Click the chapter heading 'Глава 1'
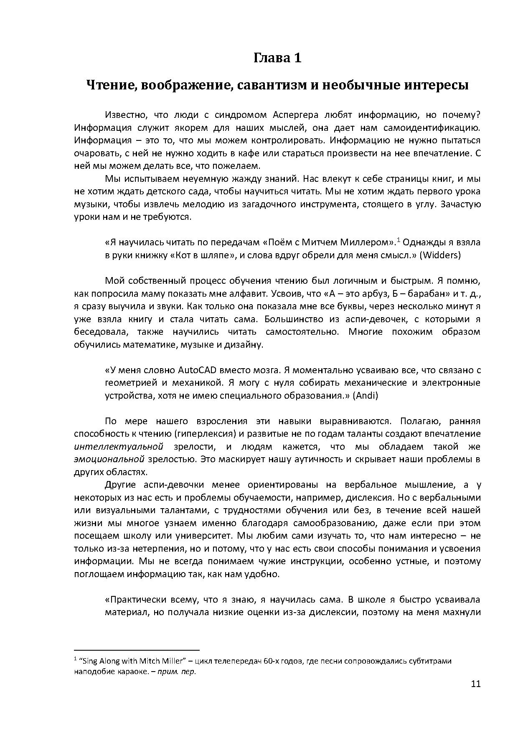[277, 58]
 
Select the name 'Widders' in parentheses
[440, 255]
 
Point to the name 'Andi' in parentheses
[365, 396]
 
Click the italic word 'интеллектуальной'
[118, 447]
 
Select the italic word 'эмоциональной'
[109, 460]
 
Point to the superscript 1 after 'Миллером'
[399, 239]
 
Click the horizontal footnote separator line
[137, 650]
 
